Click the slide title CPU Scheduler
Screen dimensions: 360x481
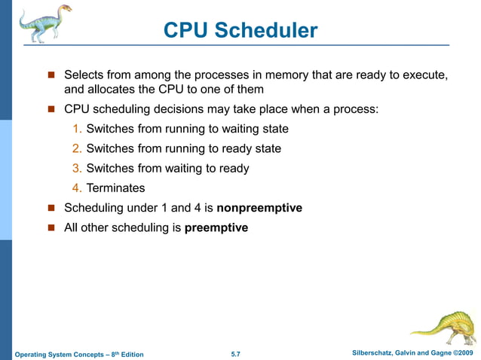click(x=240, y=31)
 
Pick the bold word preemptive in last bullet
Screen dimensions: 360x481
click(x=216, y=227)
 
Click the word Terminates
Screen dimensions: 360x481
click(x=115, y=188)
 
